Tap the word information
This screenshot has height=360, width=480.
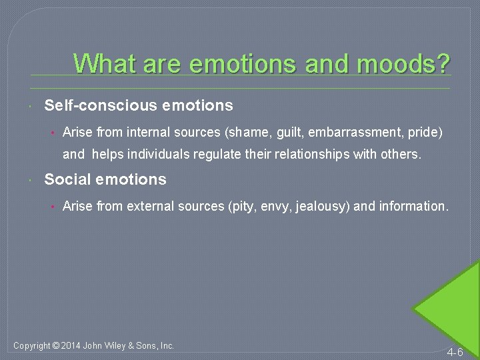(413, 207)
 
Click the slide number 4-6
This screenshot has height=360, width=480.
(455, 351)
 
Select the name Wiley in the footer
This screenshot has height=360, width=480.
(125, 345)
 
